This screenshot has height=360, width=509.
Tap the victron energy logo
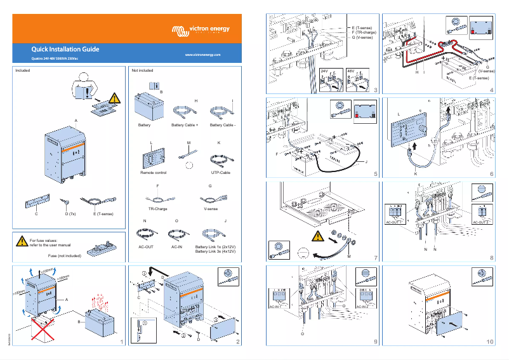(201, 29)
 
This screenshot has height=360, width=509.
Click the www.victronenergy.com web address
(202, 56)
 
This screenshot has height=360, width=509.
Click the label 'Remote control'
(153, 173)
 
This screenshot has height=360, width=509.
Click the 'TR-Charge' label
(157, 208)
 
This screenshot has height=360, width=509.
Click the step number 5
(376, 173)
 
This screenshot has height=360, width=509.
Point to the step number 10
(489, 342)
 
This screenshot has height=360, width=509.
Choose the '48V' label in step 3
(350, 70)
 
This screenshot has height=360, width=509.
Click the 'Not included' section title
(142, 71)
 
